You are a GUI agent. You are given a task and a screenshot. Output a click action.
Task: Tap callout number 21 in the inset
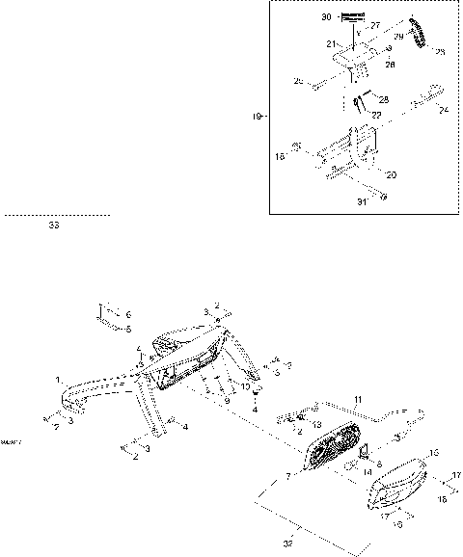click(329, 44)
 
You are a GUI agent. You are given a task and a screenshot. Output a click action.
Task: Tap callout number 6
click(129, 315)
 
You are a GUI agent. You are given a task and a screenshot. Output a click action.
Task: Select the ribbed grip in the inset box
click(421, 37)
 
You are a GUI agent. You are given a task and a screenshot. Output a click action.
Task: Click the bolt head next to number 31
click(384, 199)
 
